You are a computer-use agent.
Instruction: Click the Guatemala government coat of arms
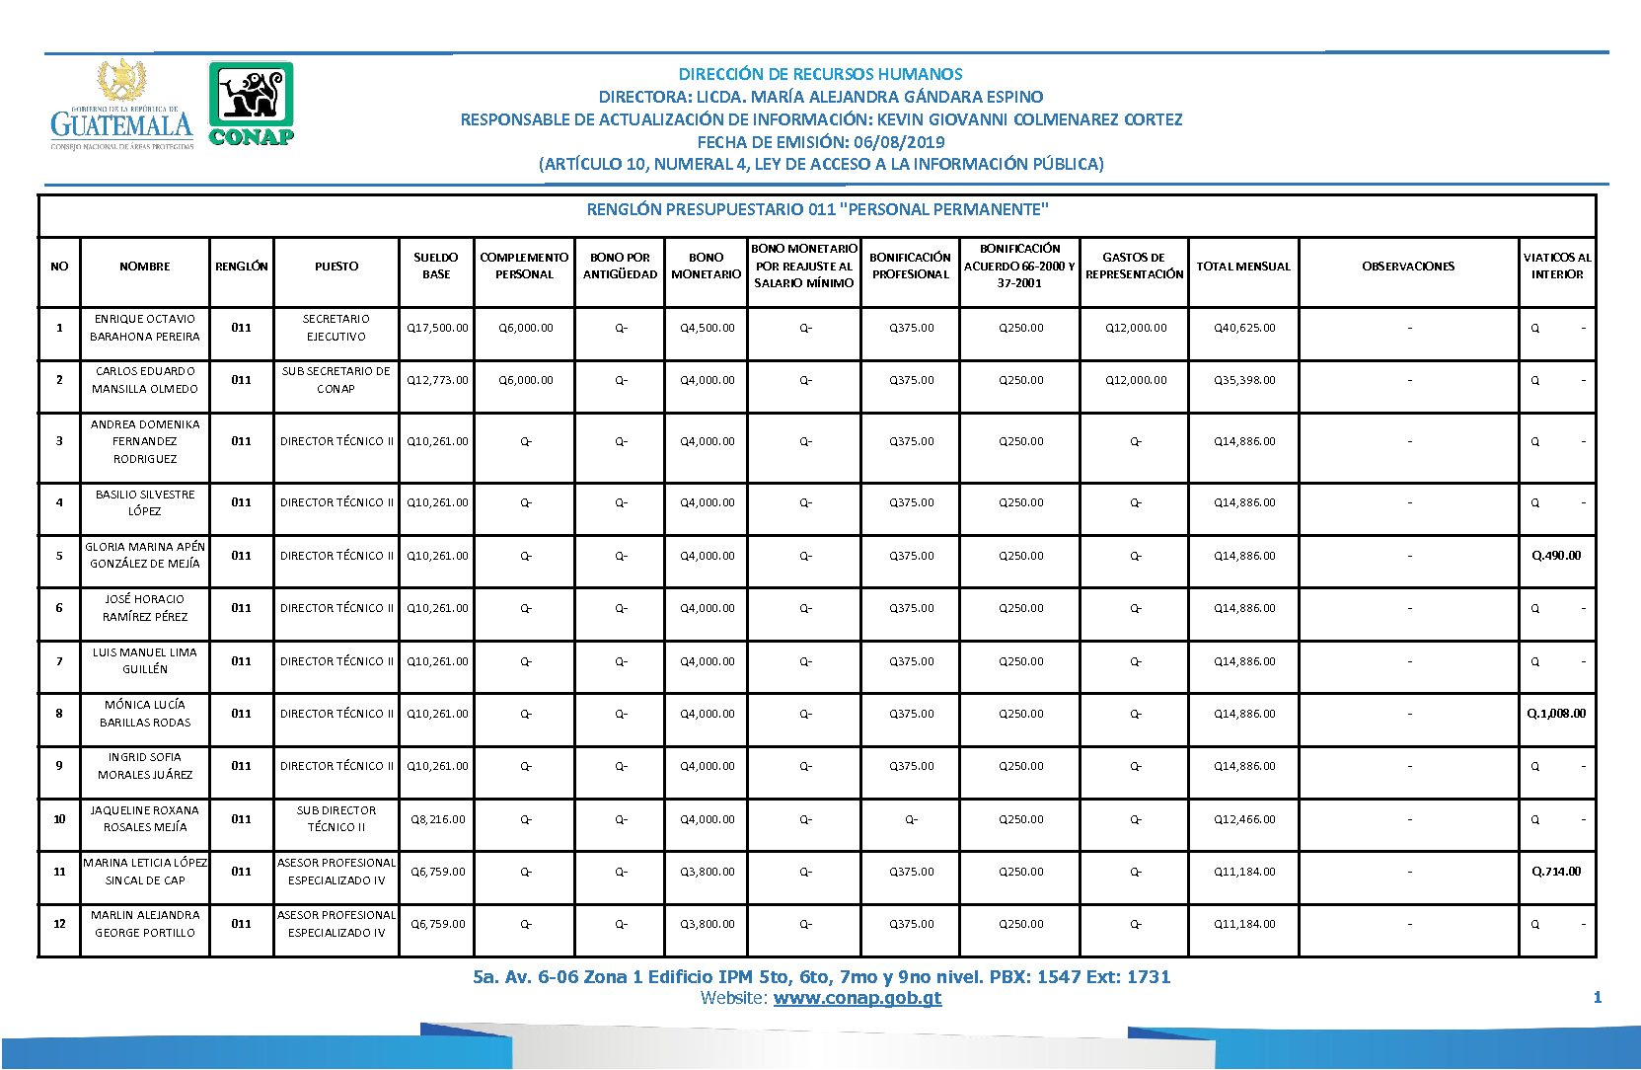point(121,81)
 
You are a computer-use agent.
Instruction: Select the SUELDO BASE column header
point(436,266)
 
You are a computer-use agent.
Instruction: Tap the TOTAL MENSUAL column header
point(1243,267)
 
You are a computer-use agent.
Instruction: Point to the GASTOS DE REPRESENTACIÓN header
point(1134,266)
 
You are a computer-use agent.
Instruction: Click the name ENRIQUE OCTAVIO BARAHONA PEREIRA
point(145,328)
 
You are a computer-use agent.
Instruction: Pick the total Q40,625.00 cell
point(1244,328)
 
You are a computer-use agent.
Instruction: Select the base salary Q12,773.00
point(437,380)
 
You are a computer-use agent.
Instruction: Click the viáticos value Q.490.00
point(1556,556)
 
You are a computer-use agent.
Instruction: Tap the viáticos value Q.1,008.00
point(1556,714)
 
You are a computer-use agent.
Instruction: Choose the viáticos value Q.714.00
point(1556,872)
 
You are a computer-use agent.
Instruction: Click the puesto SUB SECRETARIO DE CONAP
point(336,380)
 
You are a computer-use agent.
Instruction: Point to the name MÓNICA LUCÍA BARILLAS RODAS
point(145,714)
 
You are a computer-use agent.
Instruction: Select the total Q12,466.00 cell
point(1244,819)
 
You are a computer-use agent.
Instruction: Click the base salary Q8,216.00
point(438,819)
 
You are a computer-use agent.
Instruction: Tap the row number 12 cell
point(59,924)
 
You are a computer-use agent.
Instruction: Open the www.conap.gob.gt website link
point(857,998)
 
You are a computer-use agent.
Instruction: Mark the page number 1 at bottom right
point(1597,998)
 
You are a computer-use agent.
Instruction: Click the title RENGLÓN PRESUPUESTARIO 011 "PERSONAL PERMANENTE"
point(817,209)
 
